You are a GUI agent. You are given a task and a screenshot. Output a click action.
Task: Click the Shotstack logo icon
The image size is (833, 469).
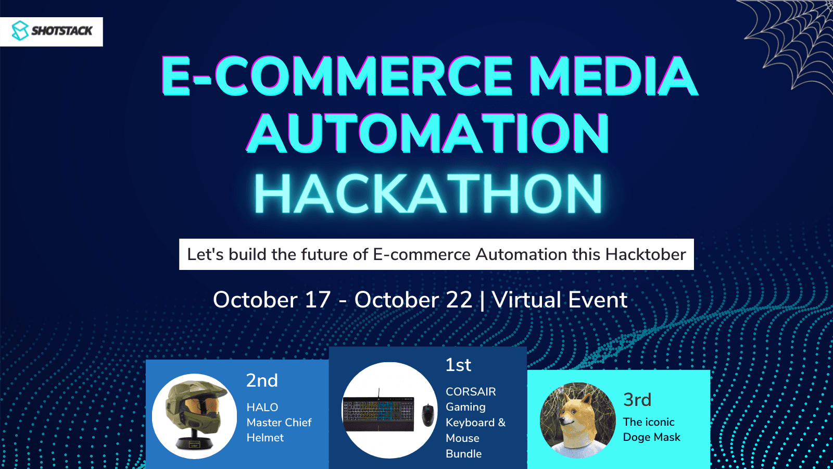[20, 31]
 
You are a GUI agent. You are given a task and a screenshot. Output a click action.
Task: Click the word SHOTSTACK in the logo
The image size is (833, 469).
[62, 31]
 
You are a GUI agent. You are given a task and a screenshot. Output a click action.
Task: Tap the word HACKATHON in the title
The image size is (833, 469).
[427, 193]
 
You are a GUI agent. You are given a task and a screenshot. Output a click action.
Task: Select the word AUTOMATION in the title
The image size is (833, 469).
[427, 133]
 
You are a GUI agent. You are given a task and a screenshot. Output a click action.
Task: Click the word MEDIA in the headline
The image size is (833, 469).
[614, 76]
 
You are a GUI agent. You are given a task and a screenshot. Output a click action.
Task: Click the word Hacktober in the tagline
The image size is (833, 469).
[646, 255]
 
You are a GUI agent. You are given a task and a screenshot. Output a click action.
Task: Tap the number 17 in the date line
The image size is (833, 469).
[318, 300]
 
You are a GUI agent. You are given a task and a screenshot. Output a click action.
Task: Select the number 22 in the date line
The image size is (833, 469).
[459, 300]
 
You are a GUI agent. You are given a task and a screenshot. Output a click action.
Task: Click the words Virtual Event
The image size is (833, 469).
[560, 300]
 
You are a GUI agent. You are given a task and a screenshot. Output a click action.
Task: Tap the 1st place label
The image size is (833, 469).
[458, 365]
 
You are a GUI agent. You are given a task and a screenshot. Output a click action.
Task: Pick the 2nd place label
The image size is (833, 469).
[262, 380]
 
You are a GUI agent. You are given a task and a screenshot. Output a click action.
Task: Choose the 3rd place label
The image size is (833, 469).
[637, 400]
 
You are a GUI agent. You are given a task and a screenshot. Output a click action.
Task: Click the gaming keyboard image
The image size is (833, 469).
[378, 413]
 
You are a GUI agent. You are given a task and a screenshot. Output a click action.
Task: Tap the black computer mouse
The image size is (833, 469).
[428, 415]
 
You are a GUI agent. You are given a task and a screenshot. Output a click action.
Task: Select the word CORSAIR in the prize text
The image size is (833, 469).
[471, 391]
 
